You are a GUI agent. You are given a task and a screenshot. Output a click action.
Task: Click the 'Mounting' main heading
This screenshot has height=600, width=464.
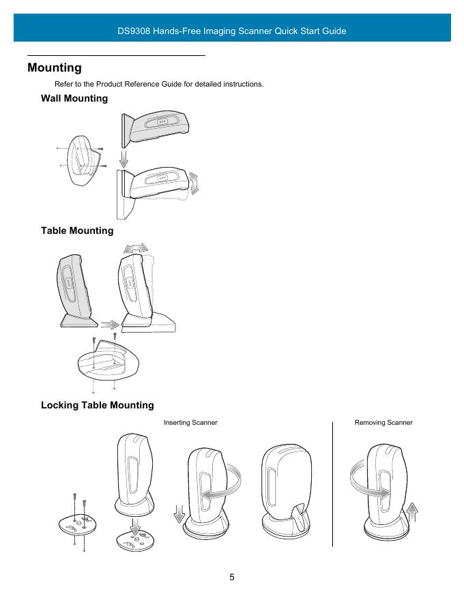tap(55, 68)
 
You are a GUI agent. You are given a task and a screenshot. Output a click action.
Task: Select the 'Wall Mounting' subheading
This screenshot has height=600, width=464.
tap(74, 99)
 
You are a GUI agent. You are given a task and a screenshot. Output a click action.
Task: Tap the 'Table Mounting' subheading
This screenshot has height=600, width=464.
tap(77, 231)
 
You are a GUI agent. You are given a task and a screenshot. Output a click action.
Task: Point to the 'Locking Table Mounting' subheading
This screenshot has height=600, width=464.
tap(98, 406)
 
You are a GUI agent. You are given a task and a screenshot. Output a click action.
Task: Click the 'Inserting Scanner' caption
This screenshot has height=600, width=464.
tap(190, 423)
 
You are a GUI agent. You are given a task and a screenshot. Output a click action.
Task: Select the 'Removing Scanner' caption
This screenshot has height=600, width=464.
tap(383, 423)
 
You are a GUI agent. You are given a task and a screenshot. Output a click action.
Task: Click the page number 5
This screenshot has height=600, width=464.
tap(232, 577)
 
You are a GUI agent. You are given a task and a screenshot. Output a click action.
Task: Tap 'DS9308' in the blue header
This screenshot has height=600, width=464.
tap(138, 31)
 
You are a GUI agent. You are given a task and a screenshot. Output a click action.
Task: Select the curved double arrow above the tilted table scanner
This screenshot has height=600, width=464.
tap(139, 247)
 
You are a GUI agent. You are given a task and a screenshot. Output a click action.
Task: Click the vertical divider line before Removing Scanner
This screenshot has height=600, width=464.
tap(332, 484)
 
